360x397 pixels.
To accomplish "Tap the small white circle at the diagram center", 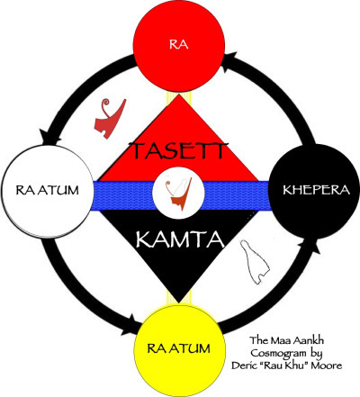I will [178, 193].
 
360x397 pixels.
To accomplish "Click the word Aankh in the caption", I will [319, 342].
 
